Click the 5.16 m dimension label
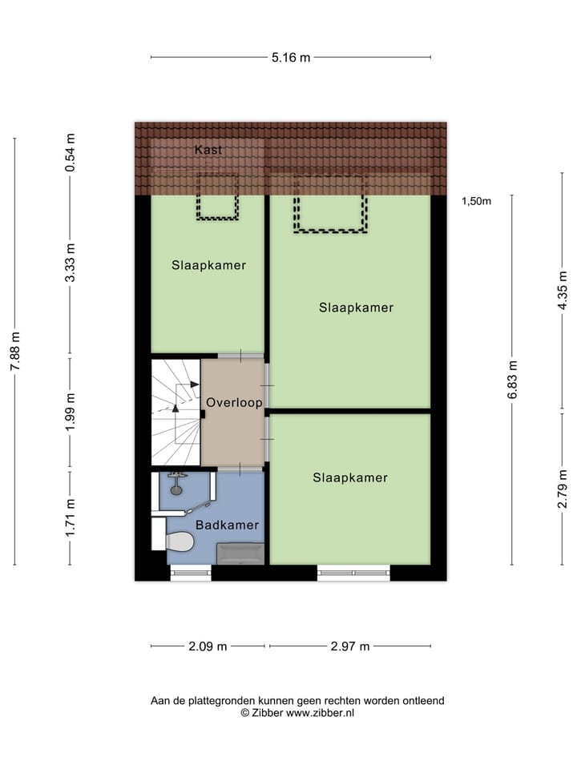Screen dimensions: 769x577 [x=290, y=57]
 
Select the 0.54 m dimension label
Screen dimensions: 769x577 [x=71, y=153]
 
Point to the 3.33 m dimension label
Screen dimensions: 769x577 [x=71, y=262]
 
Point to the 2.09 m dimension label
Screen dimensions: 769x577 [x=208, y=646]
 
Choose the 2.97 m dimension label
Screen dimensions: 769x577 [x=349, y=646]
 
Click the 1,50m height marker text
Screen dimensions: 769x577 [x=476, y=201]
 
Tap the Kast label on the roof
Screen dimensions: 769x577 [x=208, y=150]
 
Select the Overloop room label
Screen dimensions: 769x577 [x=233, y=402]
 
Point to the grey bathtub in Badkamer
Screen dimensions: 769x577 [x=240, y=552]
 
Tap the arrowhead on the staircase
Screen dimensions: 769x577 [x=176, y=408]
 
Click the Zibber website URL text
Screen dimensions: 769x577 [x=320, y=712]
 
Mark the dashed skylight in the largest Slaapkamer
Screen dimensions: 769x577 [x=330, y=204]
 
